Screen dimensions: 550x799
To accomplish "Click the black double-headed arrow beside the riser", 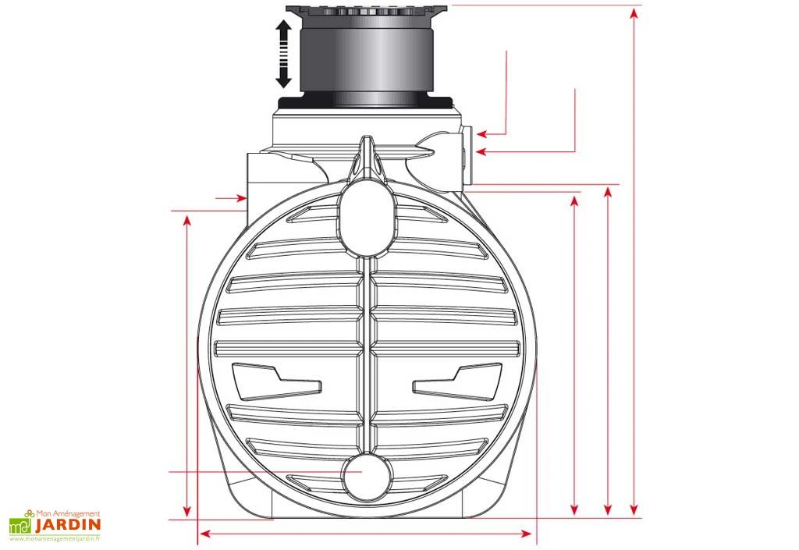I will tap(284, 54).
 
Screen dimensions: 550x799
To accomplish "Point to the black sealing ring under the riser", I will tap(364, 101).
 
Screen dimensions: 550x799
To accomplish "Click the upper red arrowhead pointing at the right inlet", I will tap(481, 132).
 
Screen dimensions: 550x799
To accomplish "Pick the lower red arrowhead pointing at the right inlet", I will tap(481, 151).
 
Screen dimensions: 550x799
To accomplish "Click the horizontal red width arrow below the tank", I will tap(366, 534).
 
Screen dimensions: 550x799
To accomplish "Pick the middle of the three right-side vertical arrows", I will tap(609, 351).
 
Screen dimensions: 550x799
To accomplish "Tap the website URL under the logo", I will tap(56, 538).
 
